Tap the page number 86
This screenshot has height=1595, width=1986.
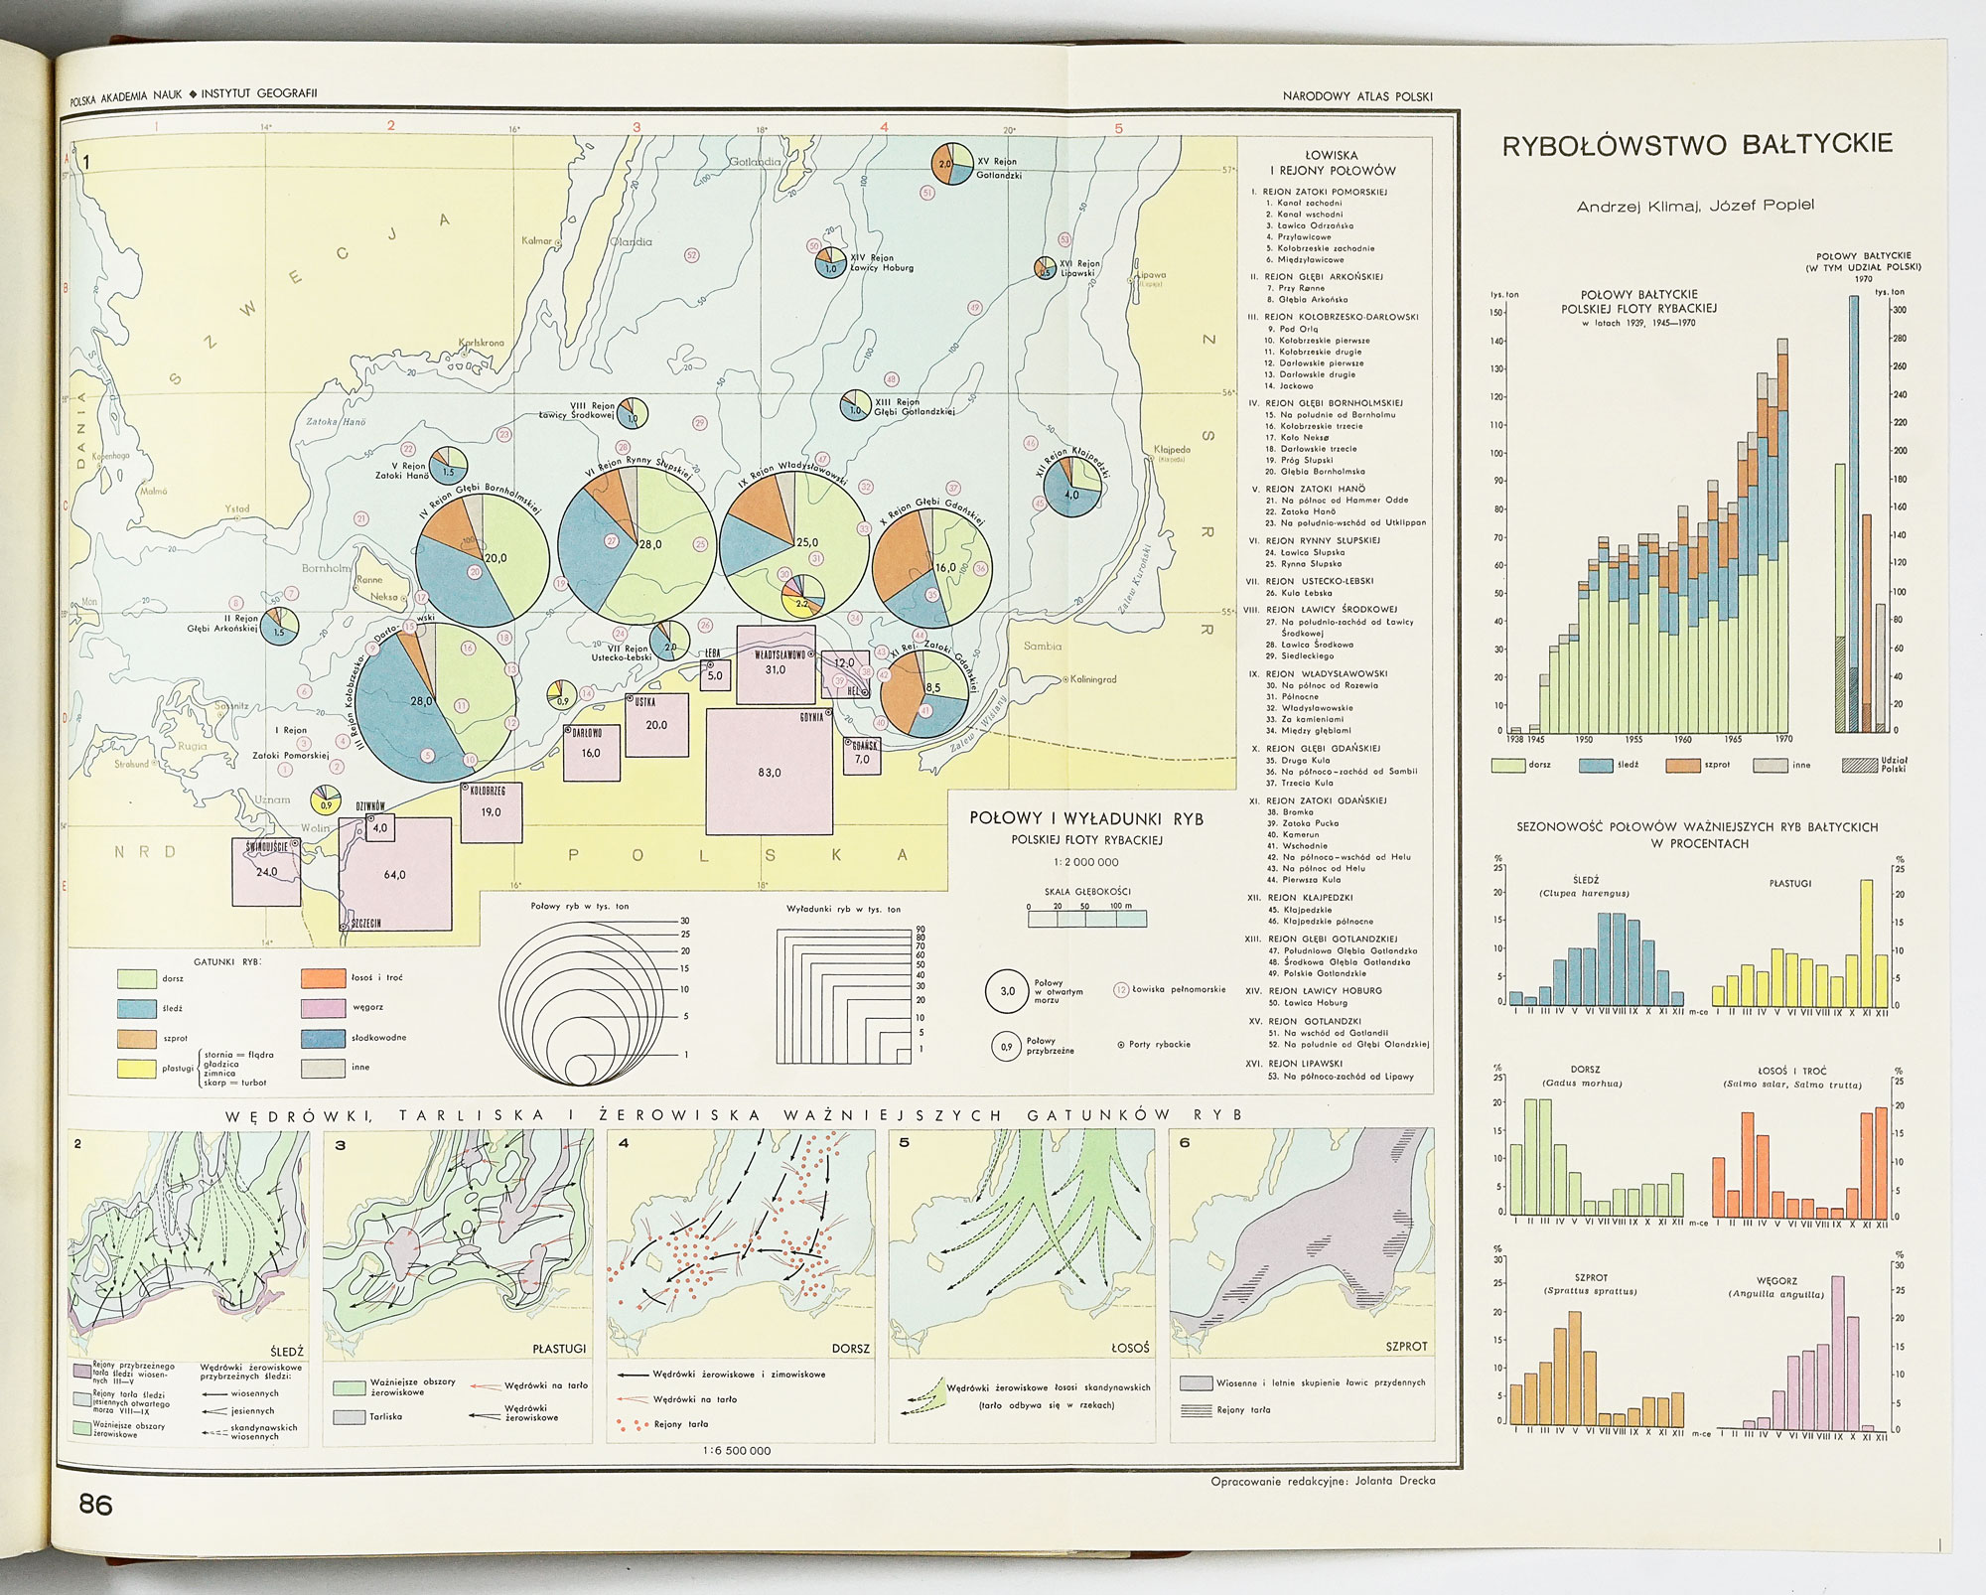coord(96,1504)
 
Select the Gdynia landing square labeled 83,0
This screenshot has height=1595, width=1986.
coord(769,772)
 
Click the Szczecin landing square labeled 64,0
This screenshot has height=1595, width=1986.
coord(394,874)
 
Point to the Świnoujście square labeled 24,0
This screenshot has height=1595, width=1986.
coord(266,871)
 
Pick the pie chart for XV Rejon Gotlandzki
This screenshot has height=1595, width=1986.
coord(950,164)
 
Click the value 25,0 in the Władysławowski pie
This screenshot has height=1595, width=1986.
coord(807,542)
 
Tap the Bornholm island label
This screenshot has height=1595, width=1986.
coord(327,569)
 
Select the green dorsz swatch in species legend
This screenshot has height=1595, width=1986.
coord(136,978)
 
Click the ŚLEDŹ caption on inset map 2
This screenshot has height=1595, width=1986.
coord(286,1351)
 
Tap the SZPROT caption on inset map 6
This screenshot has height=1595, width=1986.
coord(1406,1347)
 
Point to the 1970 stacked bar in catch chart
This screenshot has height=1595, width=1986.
coord(1782,536)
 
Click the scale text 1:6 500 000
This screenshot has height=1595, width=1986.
coord(736,1450)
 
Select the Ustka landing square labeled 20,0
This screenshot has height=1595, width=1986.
coord(656,724)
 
